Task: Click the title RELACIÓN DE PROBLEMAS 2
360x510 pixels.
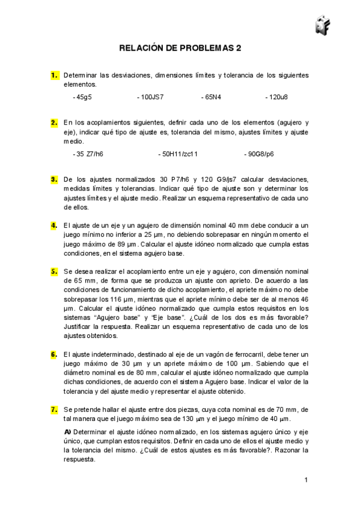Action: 180,48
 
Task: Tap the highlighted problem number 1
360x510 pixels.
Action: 54,75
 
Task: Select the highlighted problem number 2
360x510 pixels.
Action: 54,121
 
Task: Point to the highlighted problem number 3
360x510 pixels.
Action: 54,179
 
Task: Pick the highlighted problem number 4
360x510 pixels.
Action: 54,226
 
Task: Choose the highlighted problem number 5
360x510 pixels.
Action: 54,272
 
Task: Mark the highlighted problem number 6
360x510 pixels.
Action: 54,354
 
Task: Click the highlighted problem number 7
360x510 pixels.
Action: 54,410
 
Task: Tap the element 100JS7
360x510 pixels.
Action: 150,96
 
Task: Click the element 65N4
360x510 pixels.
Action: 211,96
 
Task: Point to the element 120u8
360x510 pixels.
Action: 276,96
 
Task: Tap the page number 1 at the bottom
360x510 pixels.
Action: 306,479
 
